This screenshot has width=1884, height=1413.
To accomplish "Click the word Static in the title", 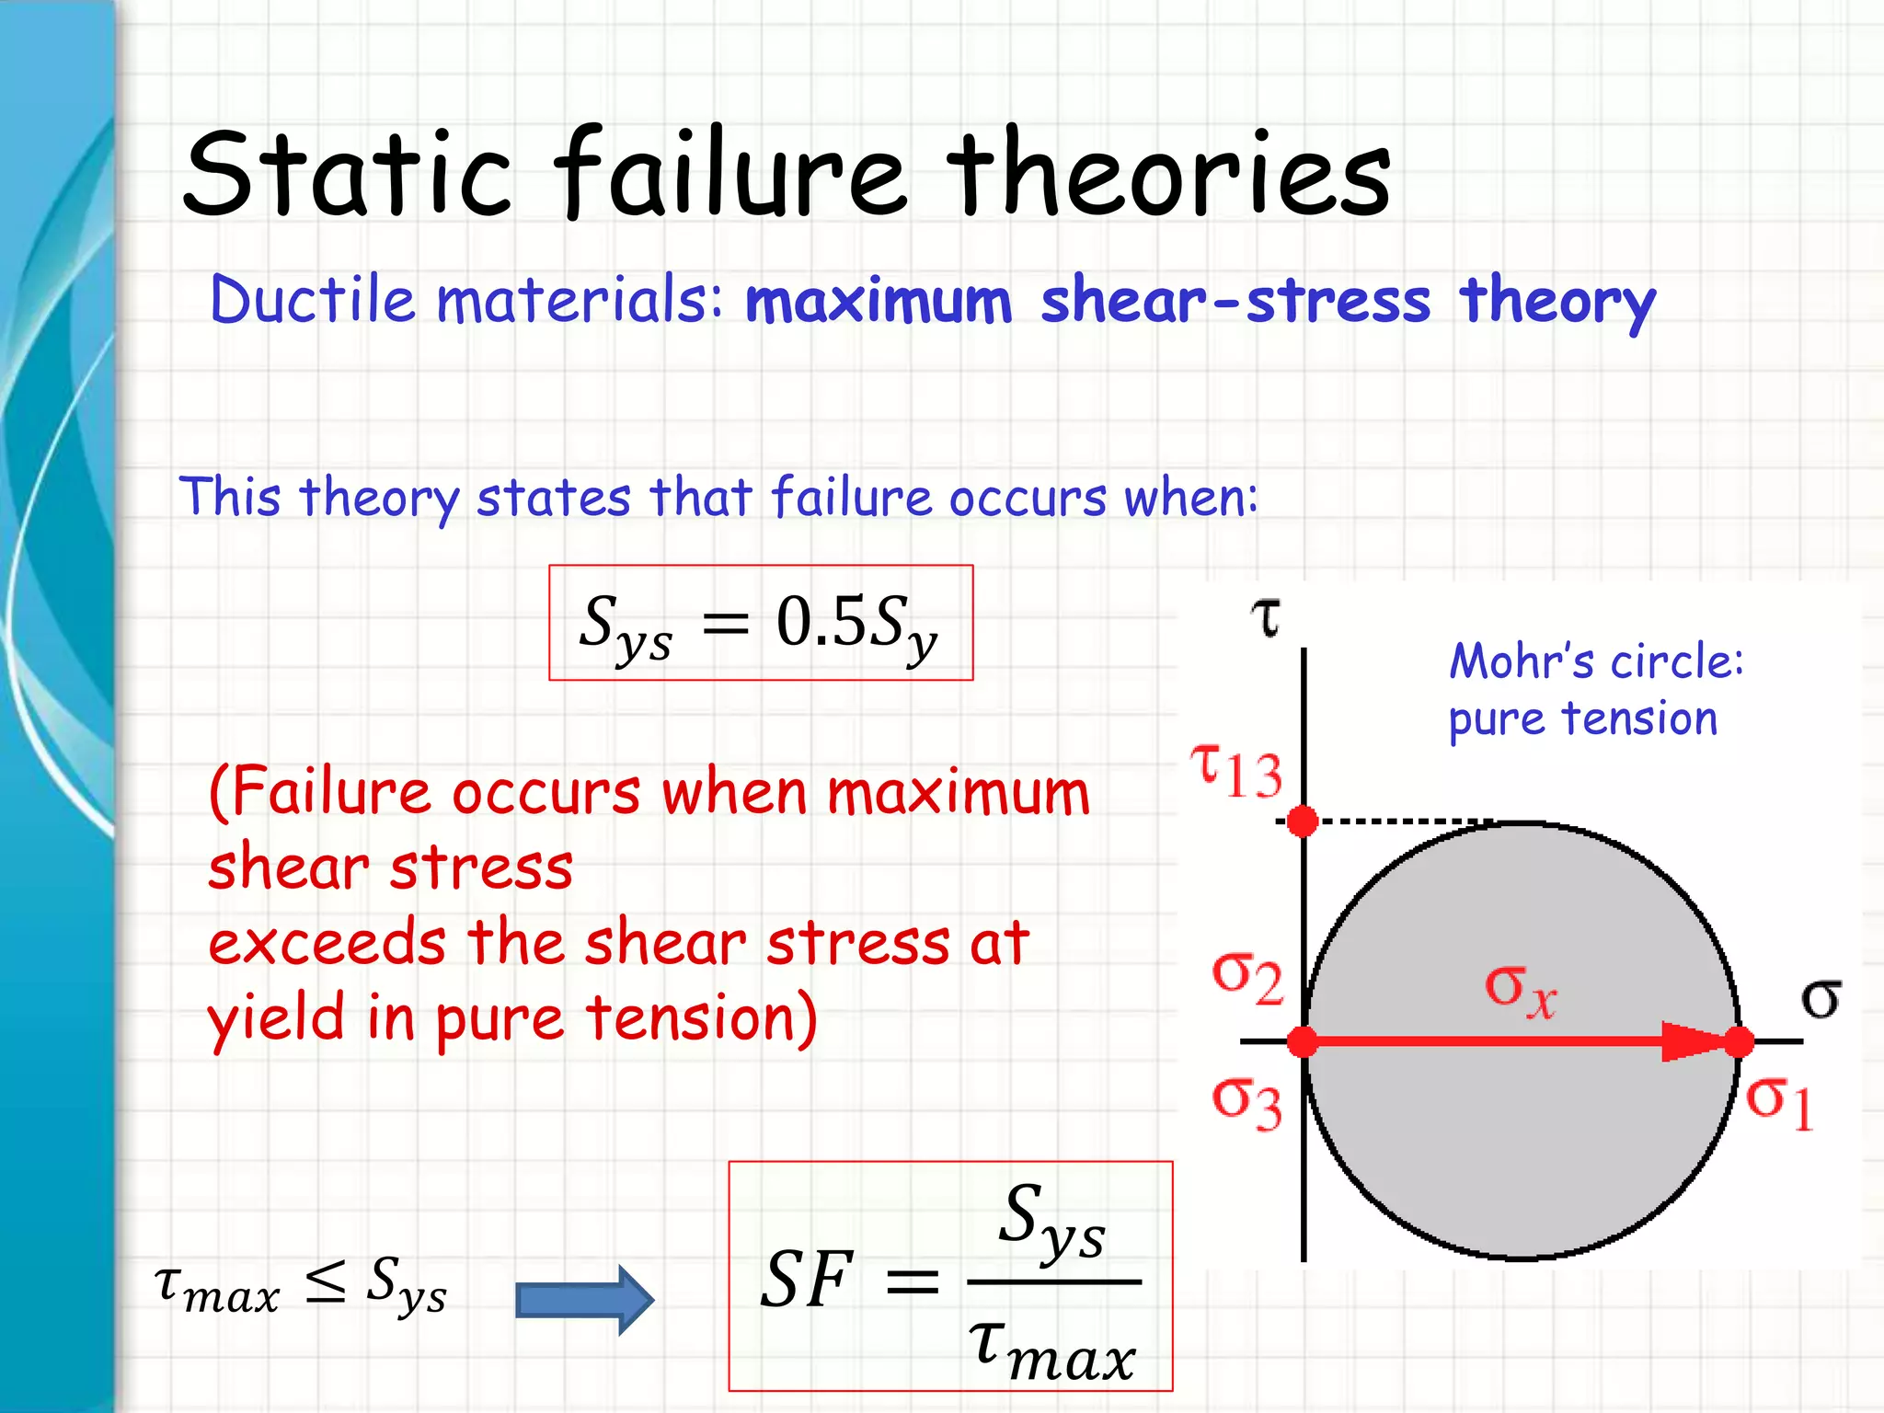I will click(348, 175).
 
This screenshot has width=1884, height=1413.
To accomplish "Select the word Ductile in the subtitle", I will click(313, 300).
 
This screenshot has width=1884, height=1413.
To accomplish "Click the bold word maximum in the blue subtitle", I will click(879, 302).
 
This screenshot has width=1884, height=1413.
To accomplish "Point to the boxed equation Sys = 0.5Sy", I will click(760, 623).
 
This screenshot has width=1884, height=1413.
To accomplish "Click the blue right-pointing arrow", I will click(585, 1299).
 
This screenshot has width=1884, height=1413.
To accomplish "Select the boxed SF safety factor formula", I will click(950, 1277).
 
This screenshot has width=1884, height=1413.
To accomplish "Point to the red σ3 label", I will click(1246, 1102).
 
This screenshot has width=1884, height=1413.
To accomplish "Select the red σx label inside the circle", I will click(1520, 990).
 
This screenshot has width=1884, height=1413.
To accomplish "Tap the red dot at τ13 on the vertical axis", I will click(1303, 821).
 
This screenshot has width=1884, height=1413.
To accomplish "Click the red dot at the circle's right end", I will click(1739, 1042).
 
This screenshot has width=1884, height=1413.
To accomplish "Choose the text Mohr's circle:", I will click(1596, 661).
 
